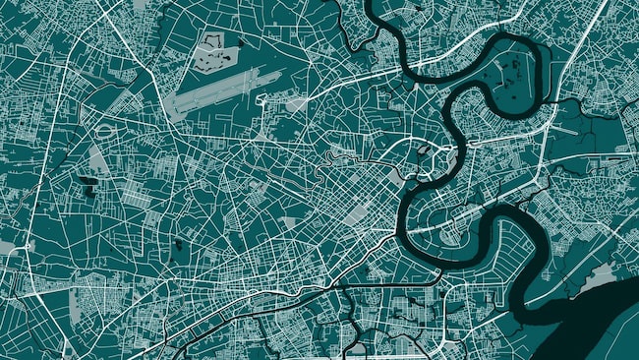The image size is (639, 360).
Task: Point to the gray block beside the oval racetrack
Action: coord(99,158)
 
